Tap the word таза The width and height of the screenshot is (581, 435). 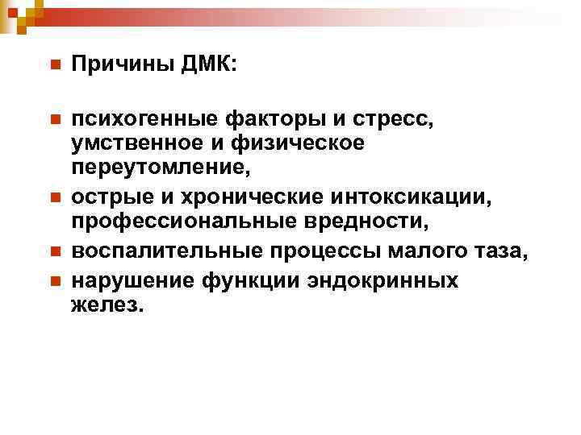click(x=500, y=252)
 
